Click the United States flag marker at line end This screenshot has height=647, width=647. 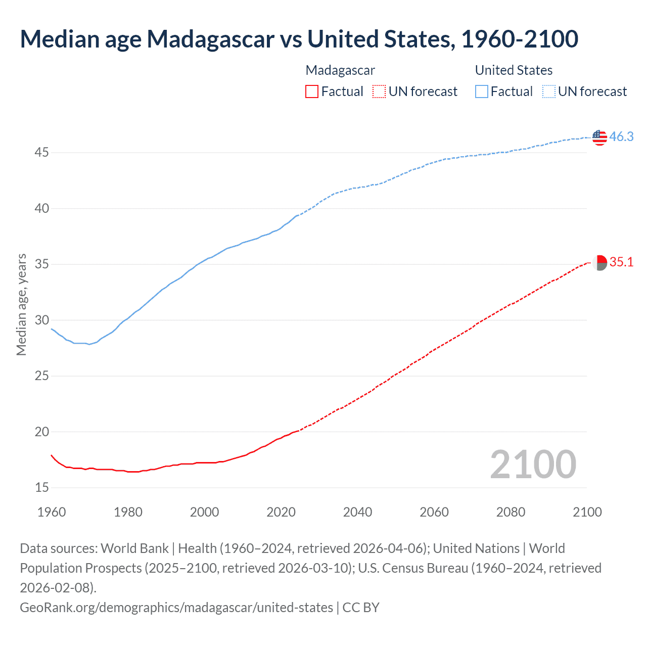tap(599, 137)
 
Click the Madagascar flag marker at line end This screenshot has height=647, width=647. tap(599, 262)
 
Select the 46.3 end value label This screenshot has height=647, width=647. tap(621, 136)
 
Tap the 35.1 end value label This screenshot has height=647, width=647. tap(621, 262)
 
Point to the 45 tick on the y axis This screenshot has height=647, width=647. tap(42, 152)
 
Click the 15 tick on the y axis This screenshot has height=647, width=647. tap(42, 487)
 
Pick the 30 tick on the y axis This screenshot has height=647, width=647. tap(42, 320)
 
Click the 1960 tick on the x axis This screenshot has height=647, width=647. tap(52, 512)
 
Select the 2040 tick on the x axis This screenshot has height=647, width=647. tap(357, 512)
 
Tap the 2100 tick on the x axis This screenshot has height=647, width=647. tap(587, 512)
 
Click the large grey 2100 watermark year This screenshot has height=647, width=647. tap(533, 465)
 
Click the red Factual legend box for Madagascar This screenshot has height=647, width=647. tap(312, 91)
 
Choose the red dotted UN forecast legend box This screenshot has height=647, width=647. tap(379, 91)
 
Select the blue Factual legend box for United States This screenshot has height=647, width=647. tap(482, 91)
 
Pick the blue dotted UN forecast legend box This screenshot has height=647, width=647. tap(548, 91)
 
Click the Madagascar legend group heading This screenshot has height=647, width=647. tap(340, 70)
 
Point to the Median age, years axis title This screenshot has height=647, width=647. tap(21, 305)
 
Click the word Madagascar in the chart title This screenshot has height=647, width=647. tap(210, 39)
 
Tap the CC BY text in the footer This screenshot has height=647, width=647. tap(361, 607)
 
